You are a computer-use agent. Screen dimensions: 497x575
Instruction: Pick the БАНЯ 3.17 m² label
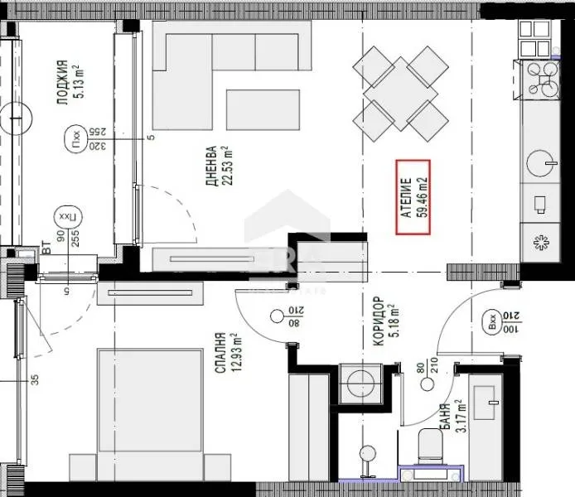(447, 420)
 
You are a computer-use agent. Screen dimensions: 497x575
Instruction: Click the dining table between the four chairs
(399, 91)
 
